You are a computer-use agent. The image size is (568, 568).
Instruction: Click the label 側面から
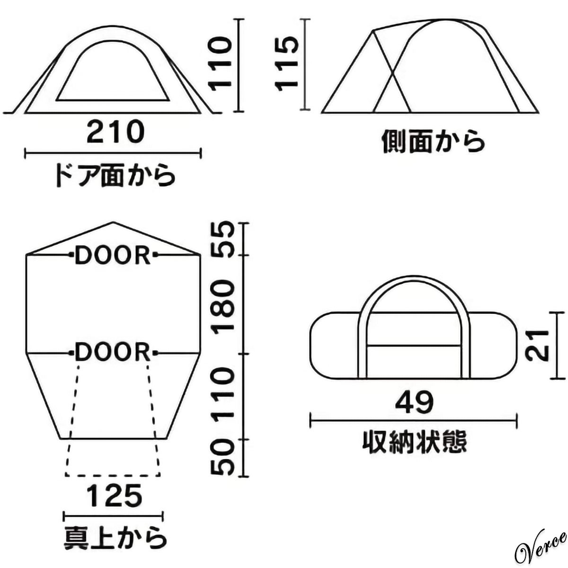[x=433, y=142]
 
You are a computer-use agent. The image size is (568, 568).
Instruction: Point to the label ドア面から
[x=115, y=176]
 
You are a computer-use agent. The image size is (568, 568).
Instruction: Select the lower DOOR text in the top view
[x=114, y=353]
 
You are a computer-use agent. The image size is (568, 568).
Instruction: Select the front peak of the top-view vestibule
[x=114, y=222]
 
